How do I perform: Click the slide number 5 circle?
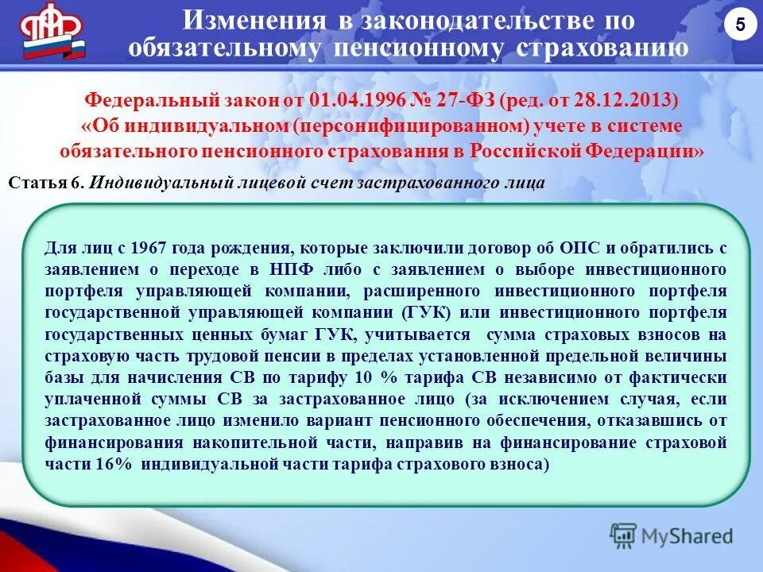pyautogui.click(x=739, y=25)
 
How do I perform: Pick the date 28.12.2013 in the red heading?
pyautogui.click(x=633, y=102)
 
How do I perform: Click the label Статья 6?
pyautogui.click(x=46, y=182)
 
